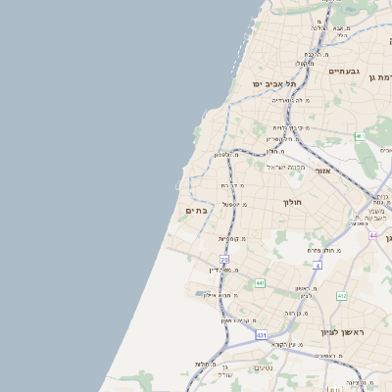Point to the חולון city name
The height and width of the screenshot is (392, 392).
click(x=294, y=203)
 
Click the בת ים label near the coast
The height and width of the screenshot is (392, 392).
click(x=196, y=210)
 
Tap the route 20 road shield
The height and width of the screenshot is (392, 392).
click(x=223, y=259)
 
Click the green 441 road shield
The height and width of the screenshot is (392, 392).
click(x=260, y=282)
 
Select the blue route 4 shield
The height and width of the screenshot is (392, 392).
click(x=318, y=266)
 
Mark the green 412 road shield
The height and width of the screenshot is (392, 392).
click(x=342, y=296)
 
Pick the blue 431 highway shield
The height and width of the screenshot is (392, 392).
click(x=262, y=335)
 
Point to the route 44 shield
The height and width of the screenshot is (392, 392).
click(x=373, y=236)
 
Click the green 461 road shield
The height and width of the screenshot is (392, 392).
click(x=360, y=136)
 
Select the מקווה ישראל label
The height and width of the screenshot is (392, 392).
click(x=286, y=167)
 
